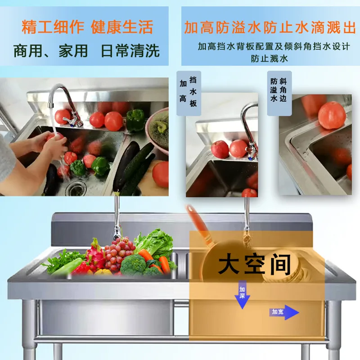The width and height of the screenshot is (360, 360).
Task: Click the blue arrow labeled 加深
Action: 242,295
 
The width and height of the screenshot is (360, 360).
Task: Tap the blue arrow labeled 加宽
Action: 284,312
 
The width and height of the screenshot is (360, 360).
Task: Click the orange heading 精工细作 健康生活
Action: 87,27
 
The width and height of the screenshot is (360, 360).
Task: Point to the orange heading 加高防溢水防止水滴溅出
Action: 270,27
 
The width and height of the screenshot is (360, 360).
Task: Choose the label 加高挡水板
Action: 189,93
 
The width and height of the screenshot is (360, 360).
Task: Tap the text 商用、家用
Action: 50,51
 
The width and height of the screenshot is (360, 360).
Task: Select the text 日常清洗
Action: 130,51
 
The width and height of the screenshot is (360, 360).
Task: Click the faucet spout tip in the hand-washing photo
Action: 50,106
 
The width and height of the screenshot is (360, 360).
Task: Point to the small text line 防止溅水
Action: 269,58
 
